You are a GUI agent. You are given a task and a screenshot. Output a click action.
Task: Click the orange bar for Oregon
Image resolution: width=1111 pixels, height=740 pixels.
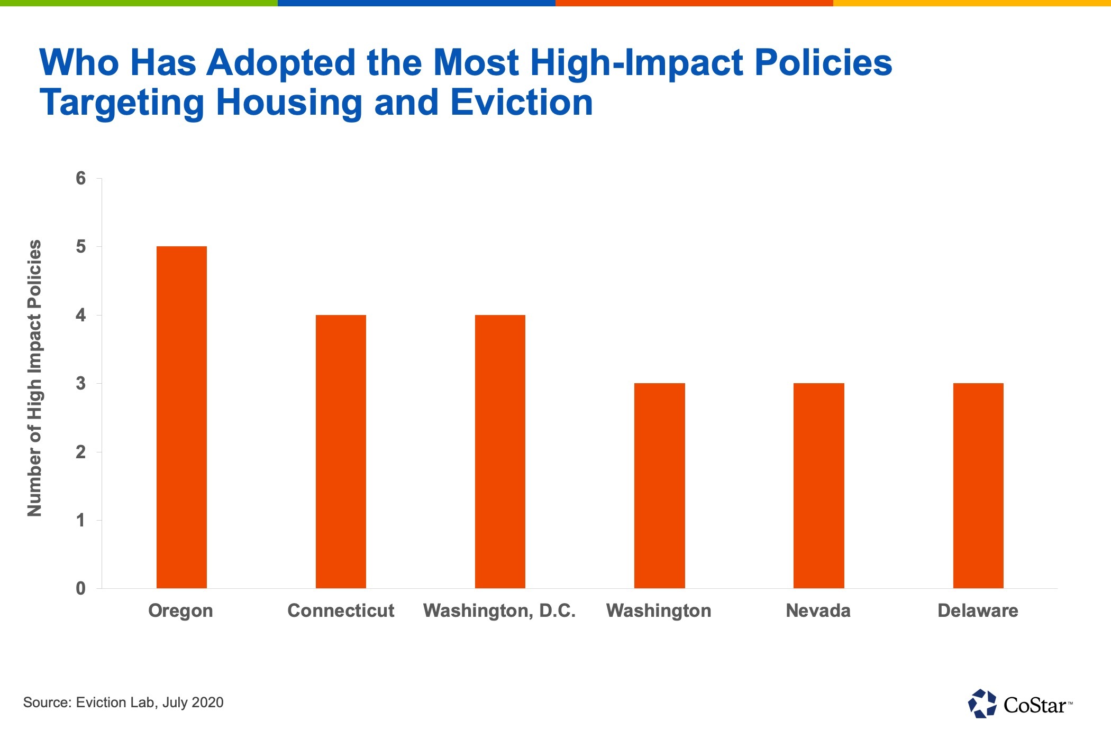tap(181, 417)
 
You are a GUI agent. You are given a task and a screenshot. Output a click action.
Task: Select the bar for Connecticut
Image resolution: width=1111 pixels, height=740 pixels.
tap(341, 451)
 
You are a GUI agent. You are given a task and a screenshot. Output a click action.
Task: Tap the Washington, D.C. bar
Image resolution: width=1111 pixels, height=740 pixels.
tap(500, 451)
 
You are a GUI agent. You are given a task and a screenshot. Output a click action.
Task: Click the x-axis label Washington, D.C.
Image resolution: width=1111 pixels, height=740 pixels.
tap(499, 610)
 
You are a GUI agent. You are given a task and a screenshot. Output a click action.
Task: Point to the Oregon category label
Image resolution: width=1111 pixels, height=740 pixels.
tap(180, 610)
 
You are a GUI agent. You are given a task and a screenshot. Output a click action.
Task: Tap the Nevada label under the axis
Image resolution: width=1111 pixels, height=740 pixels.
tap(818, 610)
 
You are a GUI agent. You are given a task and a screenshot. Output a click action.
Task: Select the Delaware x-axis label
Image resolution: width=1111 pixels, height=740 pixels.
tap(978, 610)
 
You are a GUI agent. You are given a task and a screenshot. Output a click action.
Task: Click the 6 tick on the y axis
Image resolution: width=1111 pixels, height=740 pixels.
tap(80, 179)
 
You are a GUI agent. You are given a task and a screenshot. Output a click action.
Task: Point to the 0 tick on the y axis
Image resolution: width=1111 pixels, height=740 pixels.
tap(80, 588)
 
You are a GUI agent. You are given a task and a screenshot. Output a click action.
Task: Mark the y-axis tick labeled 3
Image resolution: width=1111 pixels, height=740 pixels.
tap(80, 383)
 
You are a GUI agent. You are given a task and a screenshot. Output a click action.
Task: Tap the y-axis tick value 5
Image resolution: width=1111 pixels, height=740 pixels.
tap(80, 247)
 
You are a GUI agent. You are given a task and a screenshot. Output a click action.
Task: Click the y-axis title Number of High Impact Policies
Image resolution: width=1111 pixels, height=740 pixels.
tap(34, 378)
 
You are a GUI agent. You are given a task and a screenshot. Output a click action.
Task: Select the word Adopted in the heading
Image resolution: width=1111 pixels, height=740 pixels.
tap(281, 62)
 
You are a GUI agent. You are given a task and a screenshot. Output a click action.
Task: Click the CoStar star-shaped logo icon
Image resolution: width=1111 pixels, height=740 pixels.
tap(982, 704)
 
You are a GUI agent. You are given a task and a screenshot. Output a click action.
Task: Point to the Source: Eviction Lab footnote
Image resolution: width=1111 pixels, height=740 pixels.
tap(123, 702)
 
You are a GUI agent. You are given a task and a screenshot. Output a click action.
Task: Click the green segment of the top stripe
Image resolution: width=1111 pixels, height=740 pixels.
tap(139, 3)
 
